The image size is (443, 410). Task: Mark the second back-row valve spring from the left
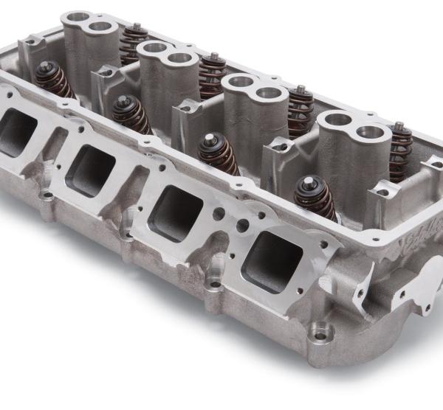213,74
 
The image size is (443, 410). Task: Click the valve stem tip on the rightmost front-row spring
306,180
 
